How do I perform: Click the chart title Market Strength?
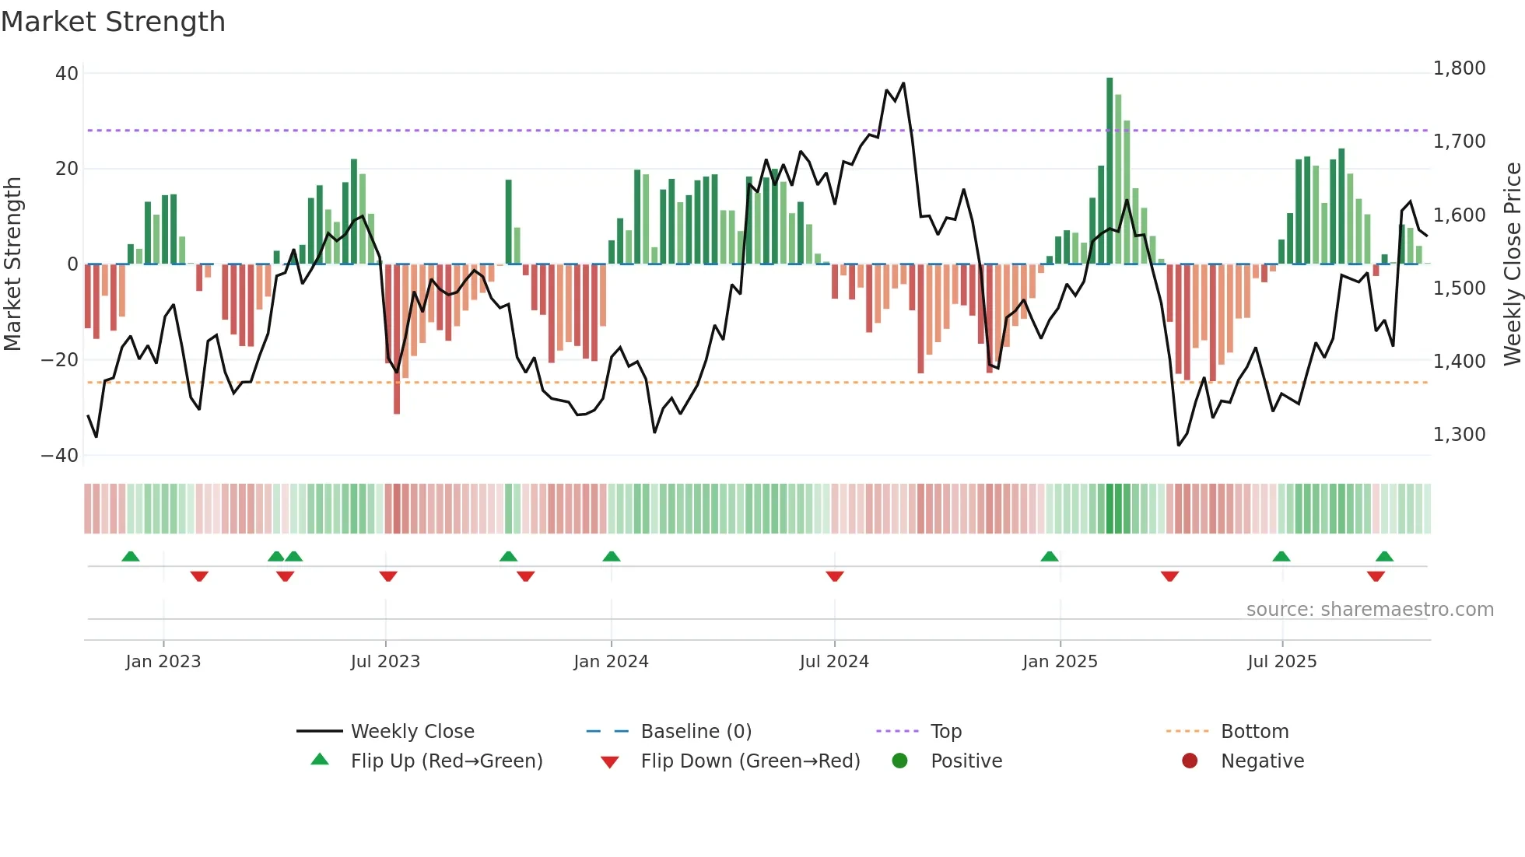coord(113,22)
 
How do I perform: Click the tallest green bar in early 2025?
coord(1110,171)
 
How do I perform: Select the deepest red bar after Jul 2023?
coord(397,339)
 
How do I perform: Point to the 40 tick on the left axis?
coord(67,74)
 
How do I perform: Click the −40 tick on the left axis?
coord(60,456)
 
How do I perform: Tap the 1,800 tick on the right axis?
coord(1459,68)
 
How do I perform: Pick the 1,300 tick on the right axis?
coord(1459,435)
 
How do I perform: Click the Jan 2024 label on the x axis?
coord(611,662)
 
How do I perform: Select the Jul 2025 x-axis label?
coord(1281,662)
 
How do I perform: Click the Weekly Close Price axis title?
coord(1512,264)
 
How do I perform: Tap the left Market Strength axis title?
coord(13,264)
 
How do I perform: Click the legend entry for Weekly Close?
coord(412,732)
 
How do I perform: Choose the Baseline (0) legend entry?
coord(696,732)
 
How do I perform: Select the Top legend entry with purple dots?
coord(945,732)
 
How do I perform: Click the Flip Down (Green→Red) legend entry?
coord(749,761)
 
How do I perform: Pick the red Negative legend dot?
coord(1190,761)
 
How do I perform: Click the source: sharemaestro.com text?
coord(1369,610)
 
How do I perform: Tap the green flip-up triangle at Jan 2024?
coord(612,556)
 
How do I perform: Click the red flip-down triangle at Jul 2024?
coord(835,576)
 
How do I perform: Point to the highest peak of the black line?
coord(903,83)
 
